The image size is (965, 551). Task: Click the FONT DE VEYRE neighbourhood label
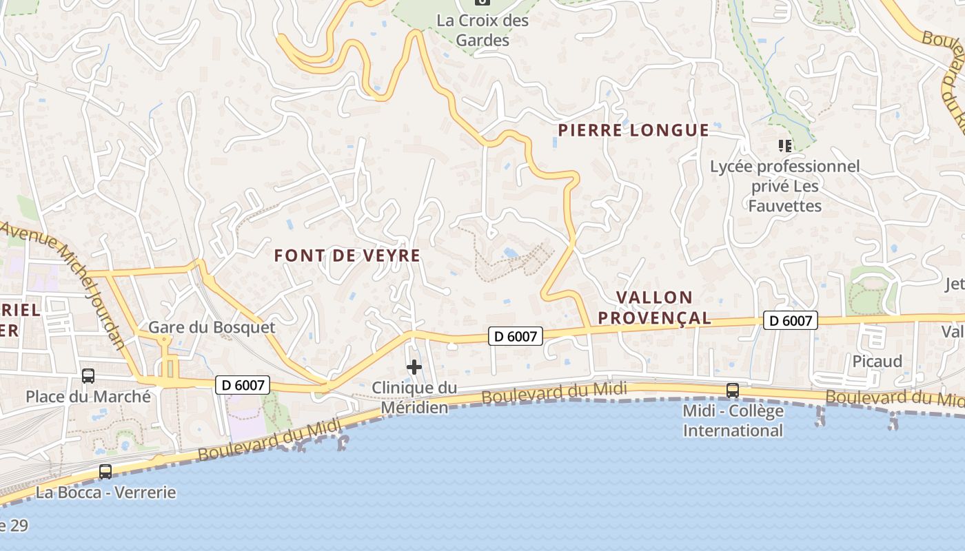pos(347,256)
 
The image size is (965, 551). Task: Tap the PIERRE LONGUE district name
pos(633,130)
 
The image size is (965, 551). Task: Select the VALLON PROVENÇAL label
pos(654,307)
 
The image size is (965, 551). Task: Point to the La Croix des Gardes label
pos(482,30)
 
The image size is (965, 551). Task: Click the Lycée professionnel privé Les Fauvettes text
pos(785,186)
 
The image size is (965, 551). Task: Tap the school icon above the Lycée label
pos(784,145)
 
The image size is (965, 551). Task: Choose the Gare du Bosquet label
pos(212,327)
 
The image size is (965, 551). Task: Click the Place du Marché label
pos(88,396)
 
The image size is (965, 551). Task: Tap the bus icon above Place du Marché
pos(88,375)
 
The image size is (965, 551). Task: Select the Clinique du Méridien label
pos(414,397)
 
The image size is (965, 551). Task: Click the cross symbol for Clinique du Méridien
pos(414,367)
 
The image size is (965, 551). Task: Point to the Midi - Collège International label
pos(733,421)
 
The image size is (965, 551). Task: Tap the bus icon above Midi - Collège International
pos(733,391)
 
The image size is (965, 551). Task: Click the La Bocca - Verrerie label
pos(105,492)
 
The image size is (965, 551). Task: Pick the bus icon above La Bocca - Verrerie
pos(105,472)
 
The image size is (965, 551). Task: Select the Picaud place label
pos(877,361)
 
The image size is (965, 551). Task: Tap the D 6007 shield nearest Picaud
pos(790,320)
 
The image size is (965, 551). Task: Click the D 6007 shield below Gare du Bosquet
pos(242,385)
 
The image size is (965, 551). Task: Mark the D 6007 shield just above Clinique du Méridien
pos(516,336)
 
